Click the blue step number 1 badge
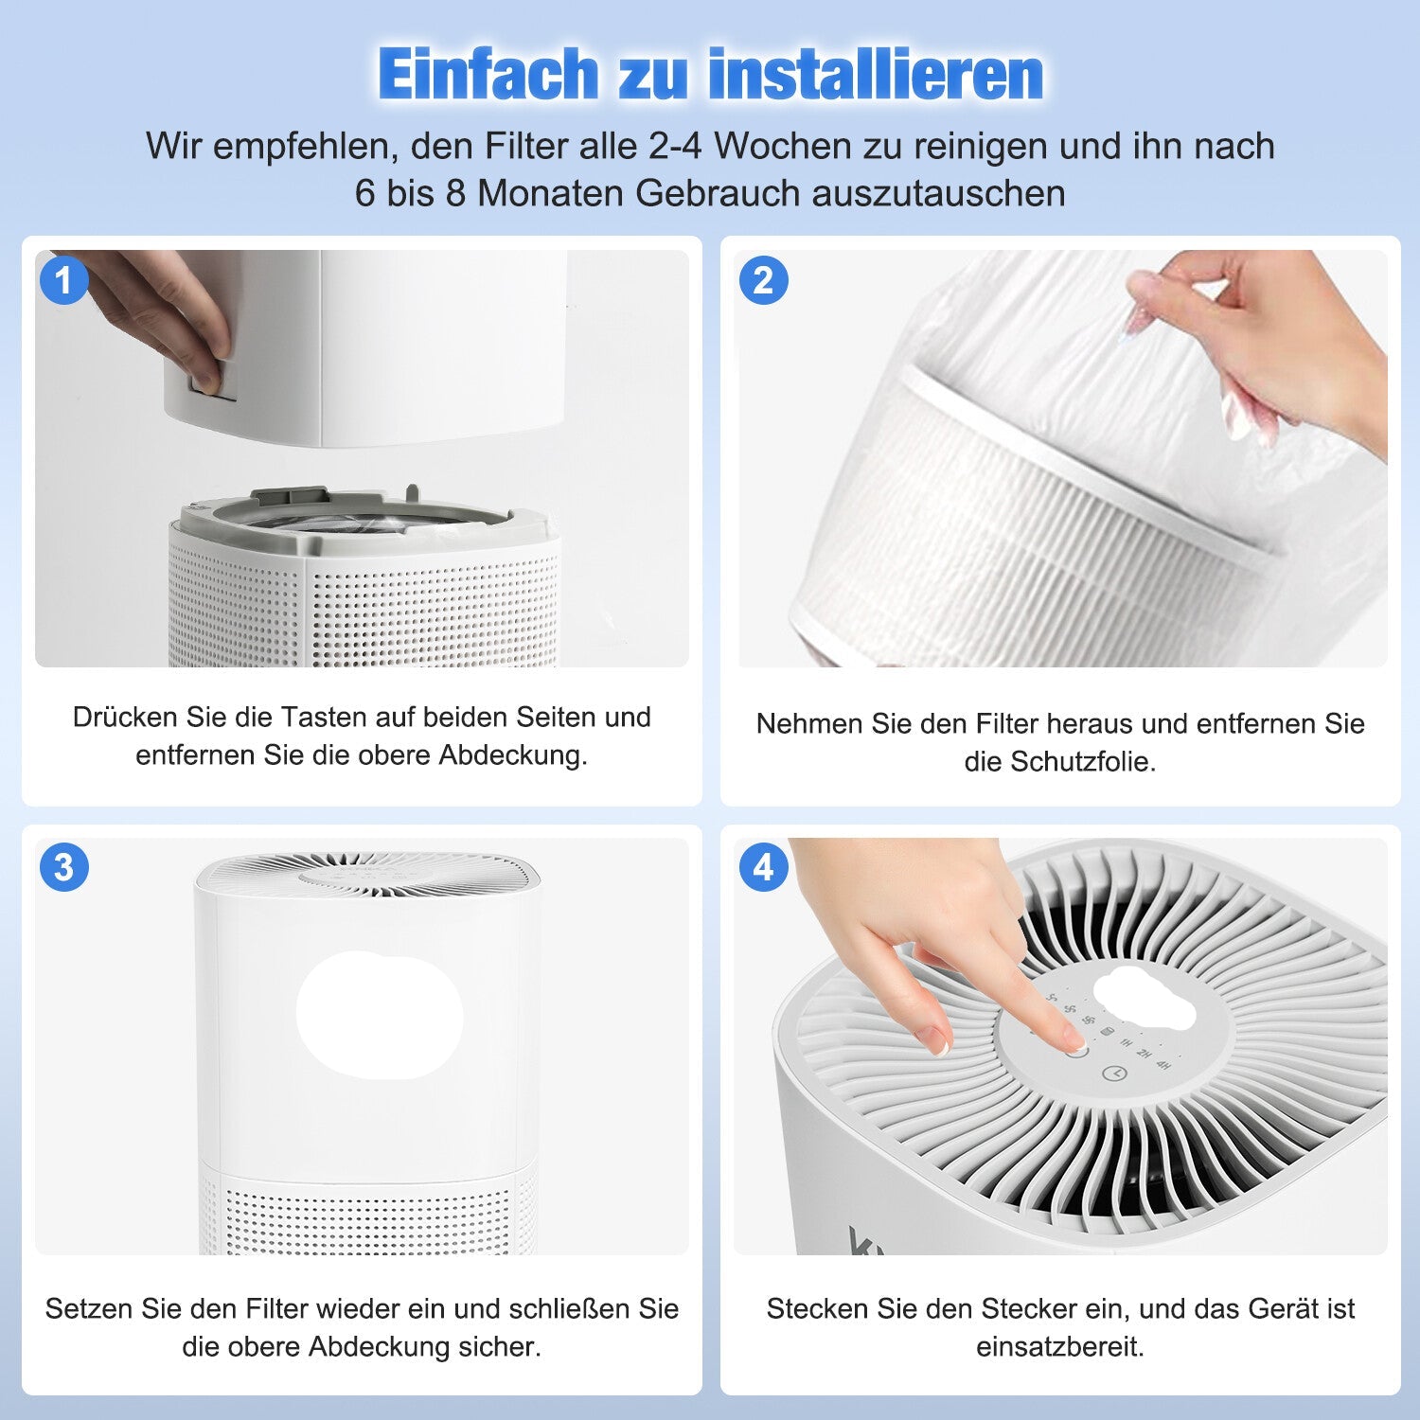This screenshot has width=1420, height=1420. [x=63, y=280]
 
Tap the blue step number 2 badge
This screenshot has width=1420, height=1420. [x=763, y=280]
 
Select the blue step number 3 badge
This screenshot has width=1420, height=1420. [x=63, y=867]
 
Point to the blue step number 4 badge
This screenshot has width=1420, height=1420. [x=763, y=867]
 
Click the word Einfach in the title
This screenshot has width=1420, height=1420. [x=488, y=74]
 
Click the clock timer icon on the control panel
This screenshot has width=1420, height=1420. [x=1118, y=1074]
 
